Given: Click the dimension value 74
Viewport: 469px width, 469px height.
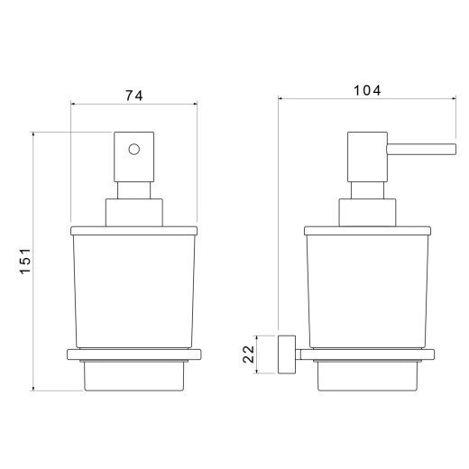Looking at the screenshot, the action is tap(134, 96).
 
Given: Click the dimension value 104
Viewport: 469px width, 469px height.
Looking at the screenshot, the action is tap(367, 90).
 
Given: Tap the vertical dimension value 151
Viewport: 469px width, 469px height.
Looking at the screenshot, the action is tap(25, 261).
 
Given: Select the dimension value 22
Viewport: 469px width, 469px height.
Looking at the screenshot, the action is tap(249, 354).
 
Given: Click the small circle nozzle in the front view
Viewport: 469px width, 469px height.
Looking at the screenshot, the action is tap(134, 149).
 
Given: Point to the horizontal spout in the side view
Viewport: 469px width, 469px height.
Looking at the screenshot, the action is tap(421, 150).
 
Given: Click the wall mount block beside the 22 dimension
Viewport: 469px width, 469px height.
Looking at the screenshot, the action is tap(287, 354).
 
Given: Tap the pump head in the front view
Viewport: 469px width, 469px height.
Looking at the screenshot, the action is tap(134, 157).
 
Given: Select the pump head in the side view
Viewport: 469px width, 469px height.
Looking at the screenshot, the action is tap(367, 157).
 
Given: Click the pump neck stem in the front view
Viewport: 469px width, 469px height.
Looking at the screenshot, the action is tap(133, 190).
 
